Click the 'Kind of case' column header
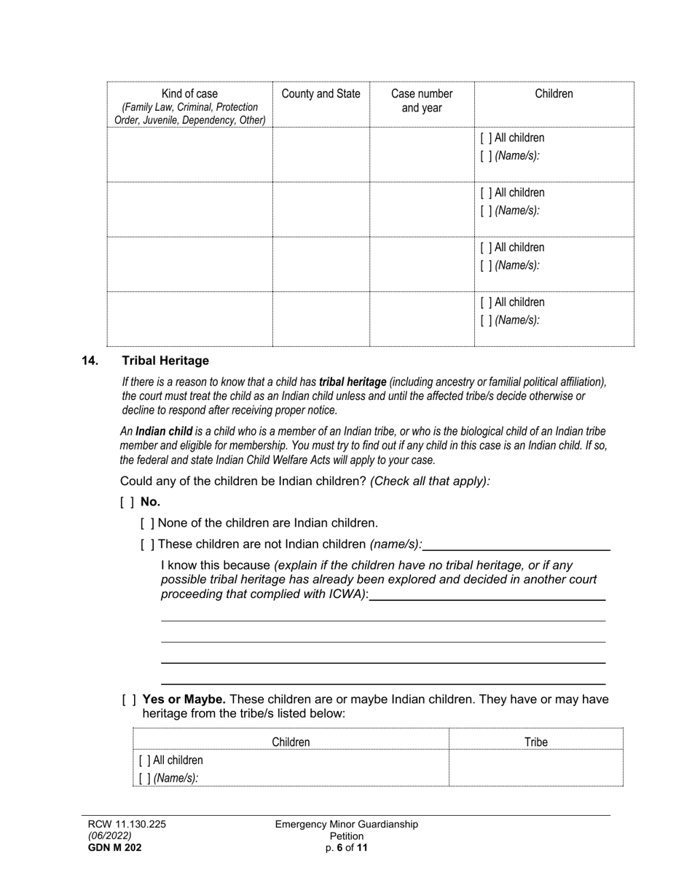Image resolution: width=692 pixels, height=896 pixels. pyautogui.click(x=189, y=94)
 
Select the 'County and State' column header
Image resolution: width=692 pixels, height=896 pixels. pyautogui.click(x=321, y=94)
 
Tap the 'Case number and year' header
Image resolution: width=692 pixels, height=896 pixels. pyautogui.click(x=422, y=101)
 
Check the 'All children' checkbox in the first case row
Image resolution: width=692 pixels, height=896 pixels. pyautogui.click(x=486, y=138)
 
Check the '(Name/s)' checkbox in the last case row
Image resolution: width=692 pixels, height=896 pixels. pyautogui.click(x=486, y=321)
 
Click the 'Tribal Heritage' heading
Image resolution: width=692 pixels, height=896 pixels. pyautogui.click(x=165, y=361)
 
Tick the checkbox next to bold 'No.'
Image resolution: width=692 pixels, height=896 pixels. pyautogui.click(x=127, y=502)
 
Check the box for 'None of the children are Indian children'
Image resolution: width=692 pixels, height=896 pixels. pyautogui.click(x=147, y=523)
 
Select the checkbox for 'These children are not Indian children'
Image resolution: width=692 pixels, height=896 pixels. pyautogui.click(x=147, y=544)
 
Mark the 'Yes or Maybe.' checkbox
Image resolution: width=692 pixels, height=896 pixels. pyautogui.click(x=129, y=699)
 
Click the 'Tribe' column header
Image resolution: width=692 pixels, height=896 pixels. pyautogui.click(x=536, y=742)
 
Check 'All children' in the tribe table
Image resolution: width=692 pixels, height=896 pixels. pyautogui.click(x=144, y=761)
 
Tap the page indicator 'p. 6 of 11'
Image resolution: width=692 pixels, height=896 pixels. pyautogui.click(x=347, y=847)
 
